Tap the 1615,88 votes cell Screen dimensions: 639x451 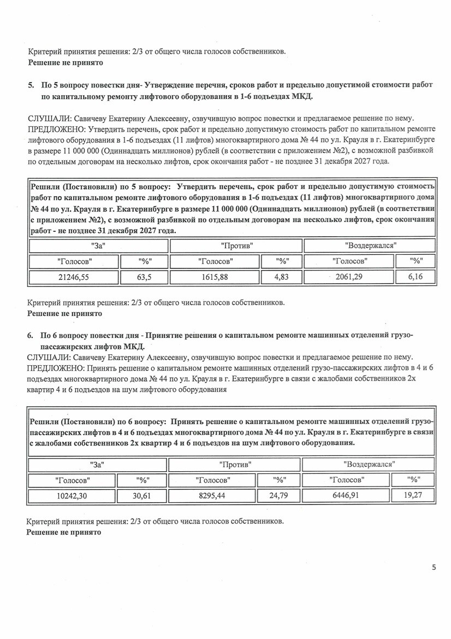pyautogui.click(x=215, y=277)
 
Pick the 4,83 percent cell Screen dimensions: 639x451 pyautogui.click(x=281, y=277)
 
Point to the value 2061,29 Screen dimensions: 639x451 pyautogui.click(x=349, y=277)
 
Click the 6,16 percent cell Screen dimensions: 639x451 pyautogui.click(x=416, y=277)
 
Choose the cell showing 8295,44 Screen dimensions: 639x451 pyautogui.click(x=212, y=496)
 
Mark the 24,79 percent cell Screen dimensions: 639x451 pyautogui.click(x=280, y=496)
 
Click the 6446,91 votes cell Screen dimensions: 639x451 pyautogui.click(x=347, y=496)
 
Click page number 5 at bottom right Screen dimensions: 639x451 pyautogui.click(x=434, y=567)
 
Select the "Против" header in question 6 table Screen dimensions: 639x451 pyautogui.click(x=235, y=465)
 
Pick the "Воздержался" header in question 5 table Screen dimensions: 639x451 pyautogui.click(x=370, y=246)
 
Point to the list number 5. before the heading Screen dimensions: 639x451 pyautogui.click(x=31, y=85)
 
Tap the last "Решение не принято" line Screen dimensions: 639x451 pyautogui.click(x=64, y=532)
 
